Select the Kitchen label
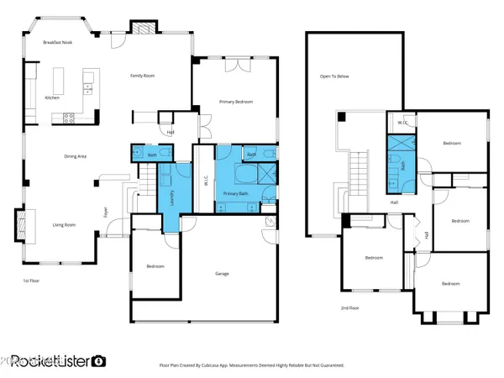coord(52,98)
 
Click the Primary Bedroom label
coord(236,101)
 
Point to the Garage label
coord(222,273)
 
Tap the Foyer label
coord(106,213)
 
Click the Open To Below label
coord(333,76)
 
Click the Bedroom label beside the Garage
coord(155,266)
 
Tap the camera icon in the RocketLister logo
coord(99,360)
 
